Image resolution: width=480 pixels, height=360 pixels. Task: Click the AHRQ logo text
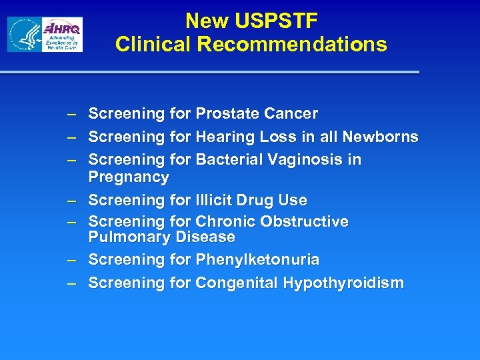[x=62, y=29]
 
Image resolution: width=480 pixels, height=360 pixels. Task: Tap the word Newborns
[x=380, y=137]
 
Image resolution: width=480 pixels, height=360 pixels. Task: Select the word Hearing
[x=227, y=137]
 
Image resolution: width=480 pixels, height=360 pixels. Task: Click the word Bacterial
[x=229, y=159]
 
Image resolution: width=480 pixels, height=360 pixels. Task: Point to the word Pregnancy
[x=129, y=177]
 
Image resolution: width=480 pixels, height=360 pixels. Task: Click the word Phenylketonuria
[x=257, y=259]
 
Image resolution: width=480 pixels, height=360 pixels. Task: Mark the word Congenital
[x=237, y=283]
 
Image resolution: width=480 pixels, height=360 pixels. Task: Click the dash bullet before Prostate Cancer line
[x=72, y=114]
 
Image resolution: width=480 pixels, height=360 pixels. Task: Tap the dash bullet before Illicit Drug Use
[x=72, y=199]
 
